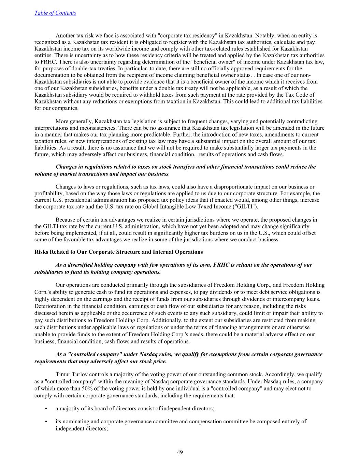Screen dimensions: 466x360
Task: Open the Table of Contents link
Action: point(55,13)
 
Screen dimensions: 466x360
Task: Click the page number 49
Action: point(180,452)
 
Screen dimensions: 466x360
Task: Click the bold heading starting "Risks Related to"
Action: point(118,252)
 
